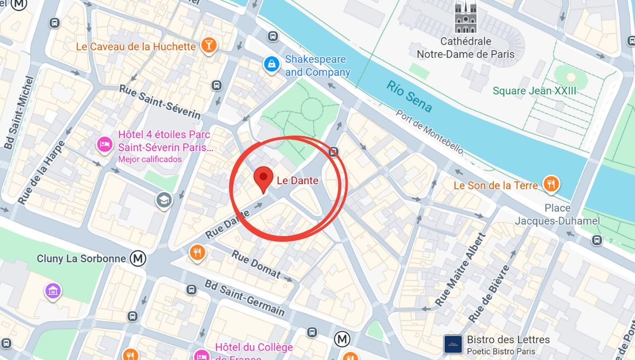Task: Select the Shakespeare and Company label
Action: coord(317,66)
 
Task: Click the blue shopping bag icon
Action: coord(271,65)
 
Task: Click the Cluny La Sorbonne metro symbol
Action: coord(139,258)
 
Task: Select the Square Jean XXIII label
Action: coord(534,91)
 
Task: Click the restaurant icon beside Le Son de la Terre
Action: coord(551,185)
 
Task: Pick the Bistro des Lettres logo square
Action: coord(453,344)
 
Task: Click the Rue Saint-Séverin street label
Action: coord(160,102)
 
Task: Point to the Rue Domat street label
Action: coord(256,263)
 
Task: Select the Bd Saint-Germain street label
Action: coord(244,298)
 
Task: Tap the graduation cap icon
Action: coord(164,200)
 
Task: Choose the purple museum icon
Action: coord(53,291)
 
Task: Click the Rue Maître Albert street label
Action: coord(460,270)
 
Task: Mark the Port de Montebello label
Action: coord(430,132)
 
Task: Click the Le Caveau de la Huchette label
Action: coord(136,47)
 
